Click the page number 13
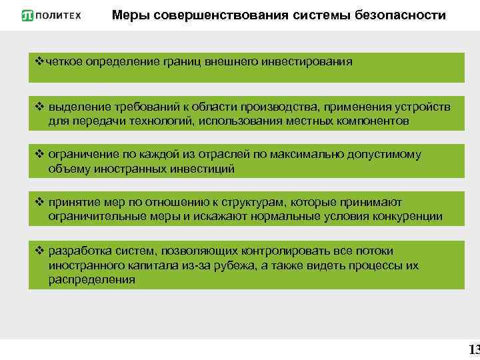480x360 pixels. click(x=474, y=349)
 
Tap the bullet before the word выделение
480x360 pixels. click(x=38, y=107)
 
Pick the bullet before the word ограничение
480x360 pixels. click(x=38, y=155)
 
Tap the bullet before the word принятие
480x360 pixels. click(x=38, y=202)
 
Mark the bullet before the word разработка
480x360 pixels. click(x=38, y=251)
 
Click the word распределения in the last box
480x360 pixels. click(x=91, y=280)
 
